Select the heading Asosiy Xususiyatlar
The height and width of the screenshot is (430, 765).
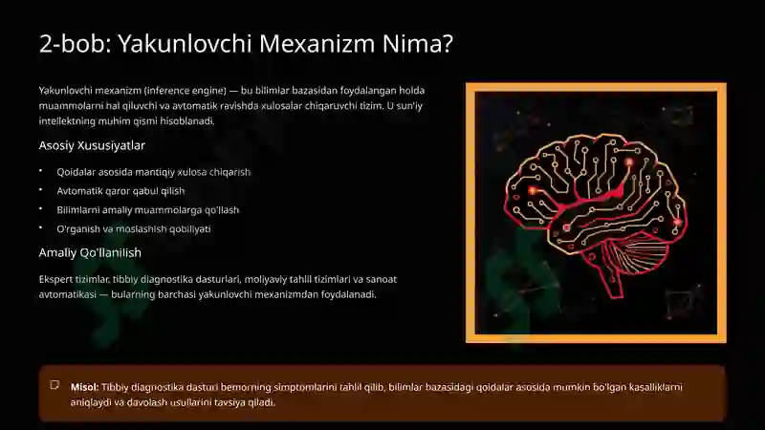[92, 146]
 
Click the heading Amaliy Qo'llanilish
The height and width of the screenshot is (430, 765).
[90, 252]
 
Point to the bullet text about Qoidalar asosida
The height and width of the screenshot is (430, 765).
[153, 172]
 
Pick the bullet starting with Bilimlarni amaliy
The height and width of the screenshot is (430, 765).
[147, 210]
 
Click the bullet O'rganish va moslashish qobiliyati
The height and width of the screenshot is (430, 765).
[133, 229]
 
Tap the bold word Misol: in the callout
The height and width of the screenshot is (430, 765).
[84, 387]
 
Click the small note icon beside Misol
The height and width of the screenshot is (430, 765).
[55, 386]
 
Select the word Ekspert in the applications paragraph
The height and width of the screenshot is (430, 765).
[55, 279]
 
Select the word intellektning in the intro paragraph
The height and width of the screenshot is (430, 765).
[70, 121]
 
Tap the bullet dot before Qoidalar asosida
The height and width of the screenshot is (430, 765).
[41, 172]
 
